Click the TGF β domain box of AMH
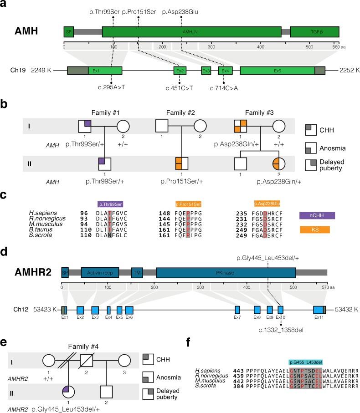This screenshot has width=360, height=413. [x=314, y=32]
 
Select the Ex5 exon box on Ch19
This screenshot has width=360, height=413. [x=277, y=71]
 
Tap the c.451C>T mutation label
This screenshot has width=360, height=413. [x=180, y=88]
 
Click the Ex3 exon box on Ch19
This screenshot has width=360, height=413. [x=206, y=71]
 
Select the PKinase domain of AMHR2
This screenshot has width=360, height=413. [x=226, y=272]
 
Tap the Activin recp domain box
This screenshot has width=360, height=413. [x=100, y=272]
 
